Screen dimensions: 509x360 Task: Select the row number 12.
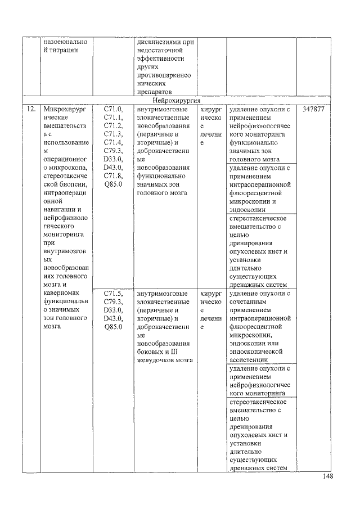coord(28,109)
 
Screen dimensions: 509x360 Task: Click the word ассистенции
coord(252,359)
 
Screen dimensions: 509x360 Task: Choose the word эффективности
coord(164,58)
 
